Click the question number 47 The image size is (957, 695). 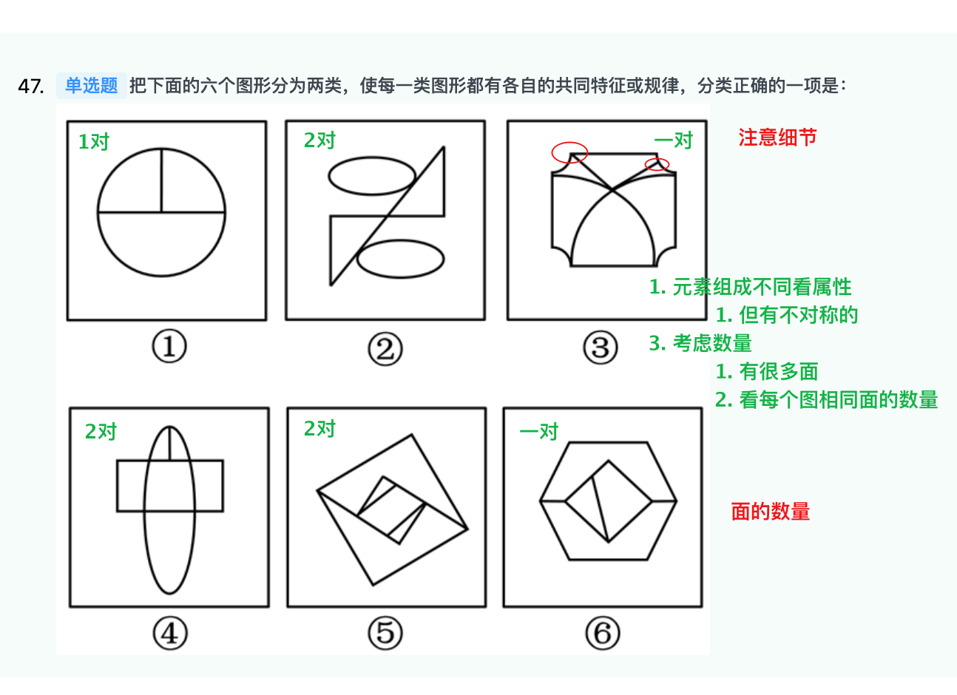pos(31,87)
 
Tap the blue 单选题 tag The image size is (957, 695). pos(92,86)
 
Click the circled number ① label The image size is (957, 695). pos(169,346)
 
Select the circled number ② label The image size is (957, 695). pos(385,349)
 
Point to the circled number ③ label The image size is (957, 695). pos(601,347)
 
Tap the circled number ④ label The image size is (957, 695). pos(170,634)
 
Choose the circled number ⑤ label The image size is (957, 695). pos(385,633)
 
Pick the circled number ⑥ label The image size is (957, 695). pos(603,633)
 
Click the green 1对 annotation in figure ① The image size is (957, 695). pos(94,141)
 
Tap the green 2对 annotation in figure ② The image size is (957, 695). pos(319,140)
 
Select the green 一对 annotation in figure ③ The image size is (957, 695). pos(673,140)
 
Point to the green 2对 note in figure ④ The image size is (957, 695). pos(101,432)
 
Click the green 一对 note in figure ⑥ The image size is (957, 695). pos(538,432)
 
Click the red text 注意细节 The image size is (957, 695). pos(777,138)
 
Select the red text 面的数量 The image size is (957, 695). pos(771,512)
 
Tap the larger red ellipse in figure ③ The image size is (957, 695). pos(569,143)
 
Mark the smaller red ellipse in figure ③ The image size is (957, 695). pos(657,159)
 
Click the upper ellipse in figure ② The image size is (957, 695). pos(372,157)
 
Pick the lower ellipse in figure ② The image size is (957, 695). pos(400,241)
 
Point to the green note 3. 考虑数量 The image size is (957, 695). pos(700,343)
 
